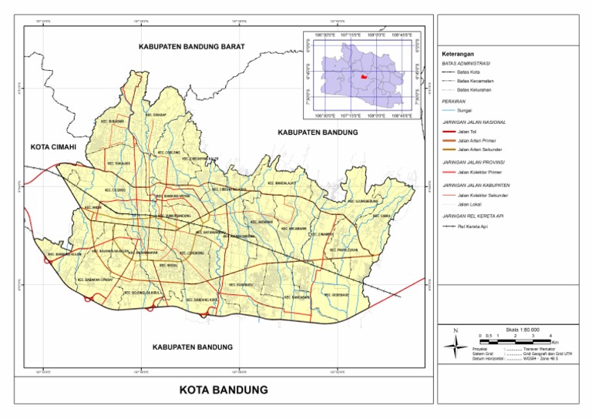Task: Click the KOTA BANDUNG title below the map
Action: point(224,390)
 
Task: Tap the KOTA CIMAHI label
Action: point(56,146)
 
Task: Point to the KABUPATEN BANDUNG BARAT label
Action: point(191,47)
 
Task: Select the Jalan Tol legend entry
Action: point(467,132)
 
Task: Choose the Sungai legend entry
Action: point(464,111)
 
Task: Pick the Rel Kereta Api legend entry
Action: point(471,227)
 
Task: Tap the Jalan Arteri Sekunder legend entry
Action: point(479,149)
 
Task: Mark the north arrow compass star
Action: point(456,345)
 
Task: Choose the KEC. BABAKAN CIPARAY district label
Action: point(96,279)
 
